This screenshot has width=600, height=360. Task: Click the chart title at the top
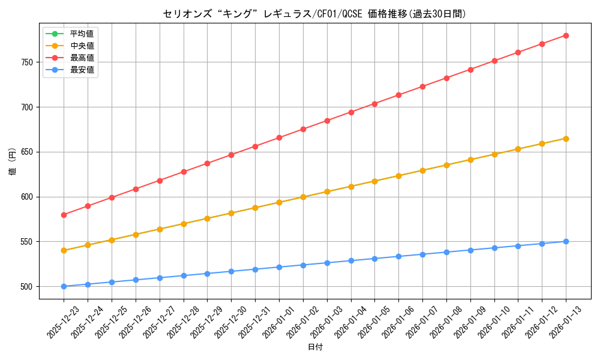pos(314,14)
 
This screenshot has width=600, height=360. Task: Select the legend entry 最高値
pos(82,58)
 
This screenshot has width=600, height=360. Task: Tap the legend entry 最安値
pos(82,70)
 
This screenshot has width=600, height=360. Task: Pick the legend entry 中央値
pos(82,46)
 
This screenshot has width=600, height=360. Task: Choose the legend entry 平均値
pos(82,34)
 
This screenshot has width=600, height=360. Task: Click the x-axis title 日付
pos(315,347)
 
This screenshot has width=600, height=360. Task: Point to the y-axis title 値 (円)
pos(12,162)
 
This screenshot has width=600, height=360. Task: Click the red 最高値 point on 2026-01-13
pos(566,35)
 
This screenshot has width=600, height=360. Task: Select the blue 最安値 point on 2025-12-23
pos(64,286)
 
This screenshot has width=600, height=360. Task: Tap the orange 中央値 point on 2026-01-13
pos(566,139)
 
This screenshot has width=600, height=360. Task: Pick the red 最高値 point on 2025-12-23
pos(64,215)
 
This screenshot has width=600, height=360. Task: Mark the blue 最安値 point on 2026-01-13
pos(566,241)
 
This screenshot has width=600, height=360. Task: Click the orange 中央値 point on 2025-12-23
pos(64,250)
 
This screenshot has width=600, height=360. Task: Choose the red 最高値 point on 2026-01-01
pos(279,138)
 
